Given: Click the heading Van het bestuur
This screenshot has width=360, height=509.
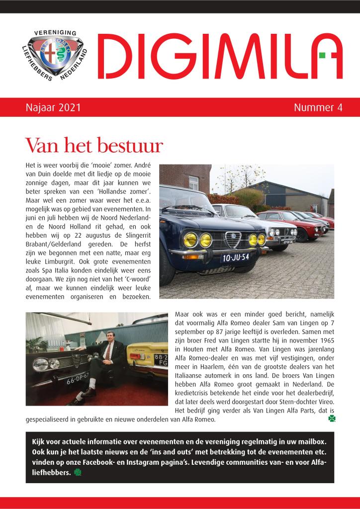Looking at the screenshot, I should [94, 145].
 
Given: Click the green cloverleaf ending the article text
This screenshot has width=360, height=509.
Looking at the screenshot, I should [332, 419].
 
